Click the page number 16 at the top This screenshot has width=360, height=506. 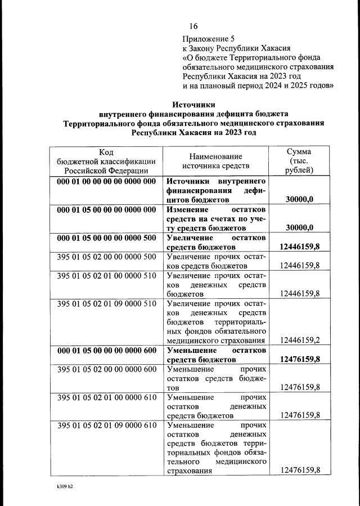pyautogui.click(x=193, y=26)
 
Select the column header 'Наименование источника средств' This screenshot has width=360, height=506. pyautogui.click(x=215, y=161)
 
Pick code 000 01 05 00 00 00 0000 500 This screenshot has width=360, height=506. pyautogui.click(x=106, y=238)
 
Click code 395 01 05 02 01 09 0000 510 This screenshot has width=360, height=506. pyautogui.click(x=106, y=304)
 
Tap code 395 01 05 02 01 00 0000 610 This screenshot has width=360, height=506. pyautogui.click(x=106, y=397)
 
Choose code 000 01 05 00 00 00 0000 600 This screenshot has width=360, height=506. pyautogui.click(x=106, y=350)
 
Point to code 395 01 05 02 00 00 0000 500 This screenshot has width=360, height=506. pyautogui.click(x=106, y=257)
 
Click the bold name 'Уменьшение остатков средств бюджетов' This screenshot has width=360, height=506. pyautogui.click(x=216, y=355)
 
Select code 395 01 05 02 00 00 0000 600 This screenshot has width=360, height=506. pyautogui.click(x=106, y=369)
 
